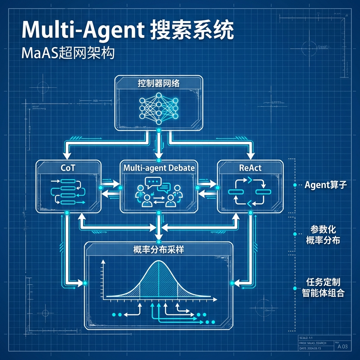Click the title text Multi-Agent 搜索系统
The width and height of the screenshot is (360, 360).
pyautogui.click(x=127, y=31)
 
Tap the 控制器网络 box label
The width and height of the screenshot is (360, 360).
pyautogui.click(x=159, y=83)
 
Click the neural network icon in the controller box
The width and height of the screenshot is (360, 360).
pyautogui.click(x=159, y=108)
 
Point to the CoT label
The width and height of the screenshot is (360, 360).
pyautogui.click(x=68, y=168)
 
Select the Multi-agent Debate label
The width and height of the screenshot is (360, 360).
pyautogui.click(x=159, y=168)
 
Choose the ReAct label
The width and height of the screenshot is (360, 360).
pyautogui.click(x=250, y=168)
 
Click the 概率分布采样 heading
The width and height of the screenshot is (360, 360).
pyautogui.click(x=159, y=250)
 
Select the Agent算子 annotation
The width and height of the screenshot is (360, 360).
pyautogui.click(x=326, y=185)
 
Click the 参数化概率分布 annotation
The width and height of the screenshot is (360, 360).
pyautogui.click(x=323, y=235)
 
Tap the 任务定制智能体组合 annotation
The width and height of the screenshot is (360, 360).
pyautogui.click(x=323, y=287)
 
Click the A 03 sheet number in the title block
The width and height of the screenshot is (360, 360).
pyautogui.click(x=342, y=347)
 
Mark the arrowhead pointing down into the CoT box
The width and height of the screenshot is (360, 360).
pyautogui.click(x=65, y=156)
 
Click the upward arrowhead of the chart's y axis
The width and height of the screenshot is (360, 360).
pyautogui.click(x=103, y=262)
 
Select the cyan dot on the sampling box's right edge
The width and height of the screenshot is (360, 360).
pyautogui.click(x=232, y=283)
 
